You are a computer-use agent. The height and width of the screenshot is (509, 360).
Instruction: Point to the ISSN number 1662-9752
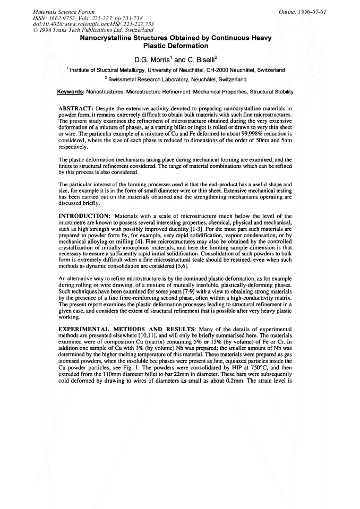click(62, 18)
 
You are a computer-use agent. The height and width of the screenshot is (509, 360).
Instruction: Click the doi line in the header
click(87, 24)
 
